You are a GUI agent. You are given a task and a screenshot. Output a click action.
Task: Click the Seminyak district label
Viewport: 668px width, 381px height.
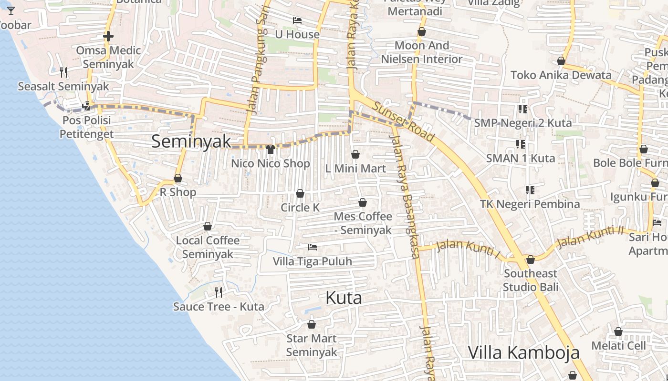click(x=191, y=141)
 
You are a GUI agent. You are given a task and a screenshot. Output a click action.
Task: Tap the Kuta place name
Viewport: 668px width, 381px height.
click(x=344, y=298)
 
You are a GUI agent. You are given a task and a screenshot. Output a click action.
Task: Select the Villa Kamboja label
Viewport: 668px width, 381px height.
click(x=523, y=352)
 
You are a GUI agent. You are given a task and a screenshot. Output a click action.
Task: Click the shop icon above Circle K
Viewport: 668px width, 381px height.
click(x=300, y=193)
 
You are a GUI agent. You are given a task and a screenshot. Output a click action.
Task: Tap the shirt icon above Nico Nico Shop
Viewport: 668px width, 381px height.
click(x=271, y=150)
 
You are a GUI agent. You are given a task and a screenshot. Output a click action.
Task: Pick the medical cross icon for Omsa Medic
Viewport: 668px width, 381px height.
click(x=108, y=36)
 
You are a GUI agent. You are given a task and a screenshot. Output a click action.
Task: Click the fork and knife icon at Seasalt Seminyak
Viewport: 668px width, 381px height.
click(x=63, y=72)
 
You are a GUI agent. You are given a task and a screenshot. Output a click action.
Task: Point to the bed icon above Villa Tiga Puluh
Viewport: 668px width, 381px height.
click(x=313, y=247)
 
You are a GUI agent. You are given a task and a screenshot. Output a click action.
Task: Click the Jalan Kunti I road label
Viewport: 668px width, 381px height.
click(x=468, y=250)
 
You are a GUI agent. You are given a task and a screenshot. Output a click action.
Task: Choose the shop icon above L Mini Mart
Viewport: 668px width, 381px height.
click(x=355, y=154)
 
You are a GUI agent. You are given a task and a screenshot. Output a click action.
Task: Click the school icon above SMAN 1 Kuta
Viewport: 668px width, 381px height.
click(x=520, y=144)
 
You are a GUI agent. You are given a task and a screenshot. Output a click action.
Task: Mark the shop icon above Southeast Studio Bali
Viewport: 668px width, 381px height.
click(x=530, y=260)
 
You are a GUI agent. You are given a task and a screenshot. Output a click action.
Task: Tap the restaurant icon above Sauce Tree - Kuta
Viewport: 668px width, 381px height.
click(x=219, y=292)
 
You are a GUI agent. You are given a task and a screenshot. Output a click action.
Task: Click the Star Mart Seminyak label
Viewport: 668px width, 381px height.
click(x=312, y=345)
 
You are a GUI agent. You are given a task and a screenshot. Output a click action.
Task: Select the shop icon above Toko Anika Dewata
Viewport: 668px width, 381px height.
click(x=561, y=61)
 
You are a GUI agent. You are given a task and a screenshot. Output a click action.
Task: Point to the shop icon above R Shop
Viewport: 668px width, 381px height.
click(x=178, y=178)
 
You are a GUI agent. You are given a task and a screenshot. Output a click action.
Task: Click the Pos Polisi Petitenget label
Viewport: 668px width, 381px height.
click(x=87, y=127)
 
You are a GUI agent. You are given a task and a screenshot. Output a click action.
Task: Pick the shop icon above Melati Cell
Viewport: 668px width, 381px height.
click(x=618, y=331)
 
